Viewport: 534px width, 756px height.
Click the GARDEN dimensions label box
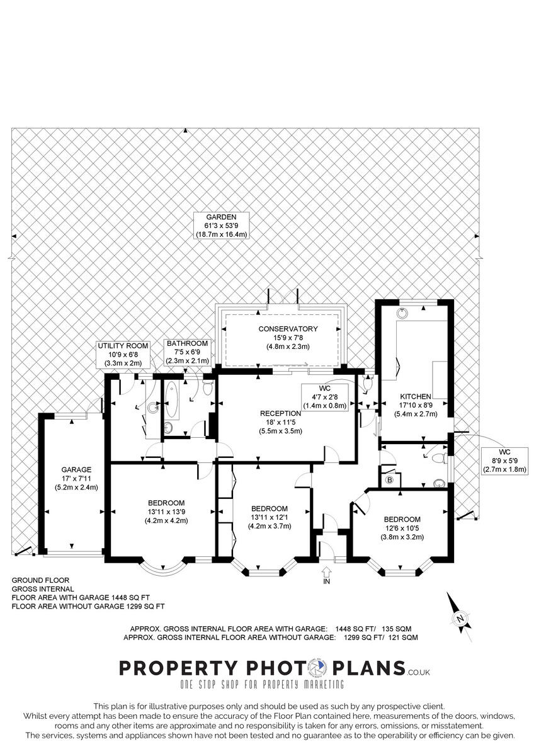click(x=221, y=226)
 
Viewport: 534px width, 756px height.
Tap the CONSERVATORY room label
click(x=288, y=338)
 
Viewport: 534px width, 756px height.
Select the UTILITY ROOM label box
click(x=123, y=354)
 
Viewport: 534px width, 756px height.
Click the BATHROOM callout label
click(x=187, y=352)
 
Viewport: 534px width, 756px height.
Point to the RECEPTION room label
click(x=280, y=422)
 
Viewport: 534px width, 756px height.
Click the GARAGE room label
click(x=76, y=478)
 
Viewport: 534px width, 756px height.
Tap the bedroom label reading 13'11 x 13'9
click(x=166, y=512)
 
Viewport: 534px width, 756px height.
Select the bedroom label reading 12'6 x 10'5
click(x=402, y=528)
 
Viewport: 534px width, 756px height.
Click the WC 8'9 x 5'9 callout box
click(x=504, y=461)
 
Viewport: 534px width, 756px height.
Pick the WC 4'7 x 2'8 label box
click(x=325, y=397)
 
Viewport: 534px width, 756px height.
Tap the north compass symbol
click(x=460, y=618)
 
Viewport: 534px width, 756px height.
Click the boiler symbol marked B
click(x=390, y=480)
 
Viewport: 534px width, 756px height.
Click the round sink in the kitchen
click(x=402, y=313)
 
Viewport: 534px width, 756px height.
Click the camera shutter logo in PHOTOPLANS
click(x=318, y=667)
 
